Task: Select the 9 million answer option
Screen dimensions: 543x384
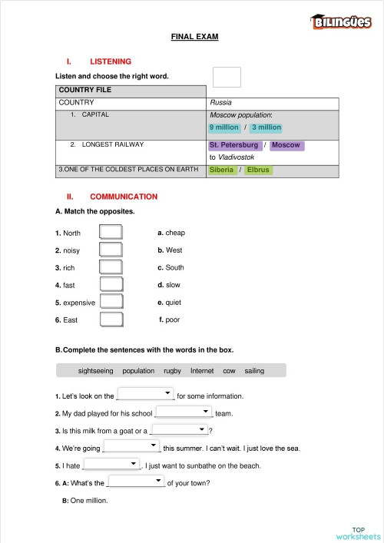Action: (224, 127)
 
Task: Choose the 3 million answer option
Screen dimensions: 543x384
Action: (266, 127)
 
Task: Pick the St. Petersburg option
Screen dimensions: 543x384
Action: (233, 145)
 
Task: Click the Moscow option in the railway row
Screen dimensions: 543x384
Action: (286, 145)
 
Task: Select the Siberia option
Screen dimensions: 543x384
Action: (221, 170)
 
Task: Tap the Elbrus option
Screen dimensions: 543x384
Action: (258, 170)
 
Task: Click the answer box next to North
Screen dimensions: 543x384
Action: (111, 232)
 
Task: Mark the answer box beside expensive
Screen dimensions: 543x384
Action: (111, 302)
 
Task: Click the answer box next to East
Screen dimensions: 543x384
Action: (111, 319)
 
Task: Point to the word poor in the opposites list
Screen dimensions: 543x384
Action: (173, 320)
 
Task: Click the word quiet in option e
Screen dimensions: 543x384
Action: (174, 303)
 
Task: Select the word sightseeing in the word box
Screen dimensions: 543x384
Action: (95, 371)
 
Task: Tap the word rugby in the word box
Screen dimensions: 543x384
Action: (172, 371)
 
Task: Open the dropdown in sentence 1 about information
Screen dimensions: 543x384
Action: (146, 394)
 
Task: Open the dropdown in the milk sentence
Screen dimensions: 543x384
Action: (180, 429)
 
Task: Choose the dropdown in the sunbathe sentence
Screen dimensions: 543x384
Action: (111, 464)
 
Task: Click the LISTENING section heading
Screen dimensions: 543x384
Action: (111, 61)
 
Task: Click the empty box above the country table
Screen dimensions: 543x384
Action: (227, 77)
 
